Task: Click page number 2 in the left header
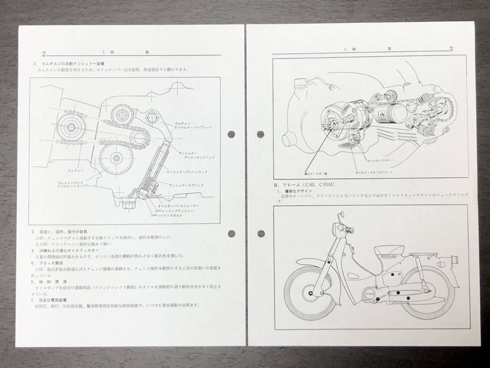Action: [x=43, y=54]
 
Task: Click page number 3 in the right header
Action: [x=451, y=49]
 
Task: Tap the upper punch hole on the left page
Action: [x=232, y=134]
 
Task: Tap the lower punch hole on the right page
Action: [x=261, y=234]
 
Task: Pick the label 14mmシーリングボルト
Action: [x=167, y=215]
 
